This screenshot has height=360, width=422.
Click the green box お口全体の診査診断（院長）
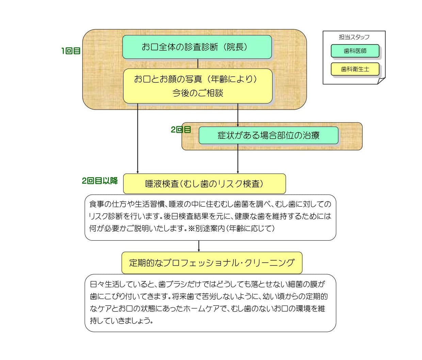[197, 47]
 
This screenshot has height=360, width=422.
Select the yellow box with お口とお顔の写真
[198, 86]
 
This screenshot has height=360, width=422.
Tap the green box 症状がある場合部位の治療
[269, 135]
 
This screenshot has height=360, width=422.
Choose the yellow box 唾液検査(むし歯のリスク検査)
[204, 184]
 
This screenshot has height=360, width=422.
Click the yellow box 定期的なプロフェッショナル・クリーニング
[212, 263]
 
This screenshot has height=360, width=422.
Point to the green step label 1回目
[71, 51]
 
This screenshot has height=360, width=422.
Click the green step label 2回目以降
[100, 181]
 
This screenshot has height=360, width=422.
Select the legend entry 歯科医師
[355, 51]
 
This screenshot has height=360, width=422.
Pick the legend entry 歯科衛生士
[355, 69]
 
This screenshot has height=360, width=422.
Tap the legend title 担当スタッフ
[354, 37]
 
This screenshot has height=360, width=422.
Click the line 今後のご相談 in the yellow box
[198, 93]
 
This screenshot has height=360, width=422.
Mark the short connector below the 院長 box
[198, 64]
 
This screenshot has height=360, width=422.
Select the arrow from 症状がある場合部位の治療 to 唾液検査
[238, 159]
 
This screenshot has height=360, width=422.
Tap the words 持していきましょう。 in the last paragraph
[121, 321]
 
